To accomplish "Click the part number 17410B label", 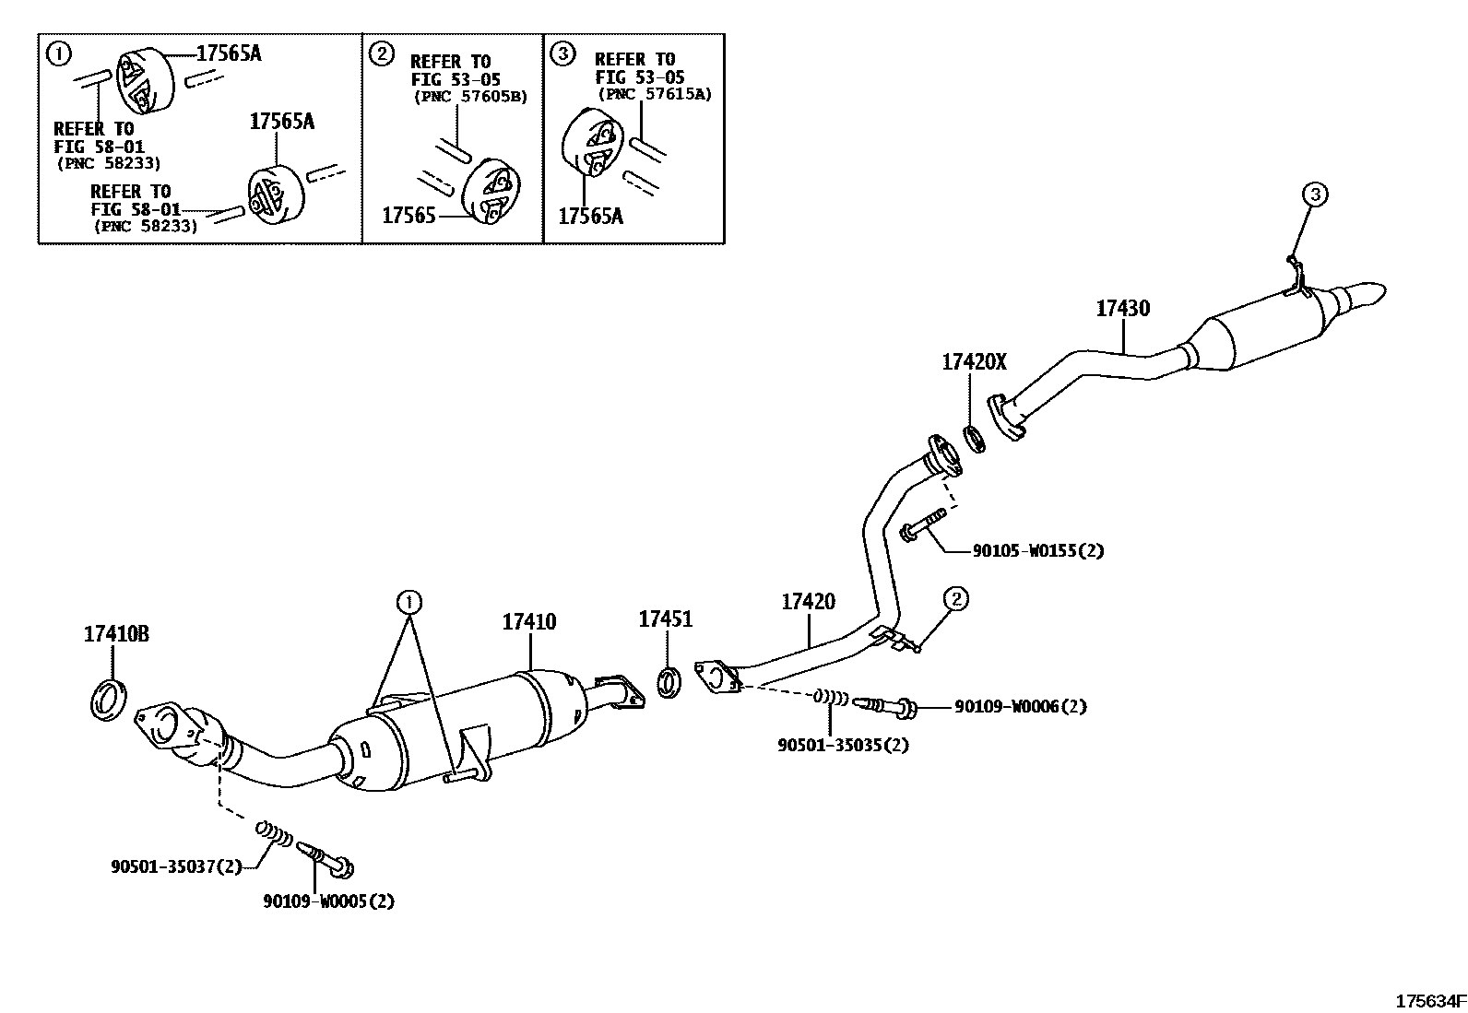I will pyautogui.click(x=116, y=634).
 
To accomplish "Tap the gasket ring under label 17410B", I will pyautogui.click(x=110, y=699).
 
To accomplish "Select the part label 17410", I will pyautogui.click(x=528, y=622).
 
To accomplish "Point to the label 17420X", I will pyautogui.click(x=974, y=362).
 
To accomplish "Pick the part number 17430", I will pyautogui.click(x=1122, y=309).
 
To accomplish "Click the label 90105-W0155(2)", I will pyautogui.click(x=1037, y=551).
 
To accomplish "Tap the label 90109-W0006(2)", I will pyautogui.click(x=1020, y=707).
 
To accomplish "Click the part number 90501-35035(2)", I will pyautogui.click(x=842, y=745).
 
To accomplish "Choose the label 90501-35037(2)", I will pyautogui.click(x=175, y=866).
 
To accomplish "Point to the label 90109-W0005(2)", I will pyautogui.click(x=327, y=901).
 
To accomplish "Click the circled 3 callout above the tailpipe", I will pyautogui.click(x=1314, y=194).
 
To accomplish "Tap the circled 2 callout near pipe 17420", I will pyautogui.click(x=956, y=599).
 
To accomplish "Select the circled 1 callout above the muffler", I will pyautogui.click(x=408, y=603).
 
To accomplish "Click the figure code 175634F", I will pyautogui.click(x=1429, y=1000).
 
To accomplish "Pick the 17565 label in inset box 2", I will pyautogui.click(x=408, y=216).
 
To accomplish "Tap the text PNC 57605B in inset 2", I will pyautogui.click(x=470, y=97).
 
